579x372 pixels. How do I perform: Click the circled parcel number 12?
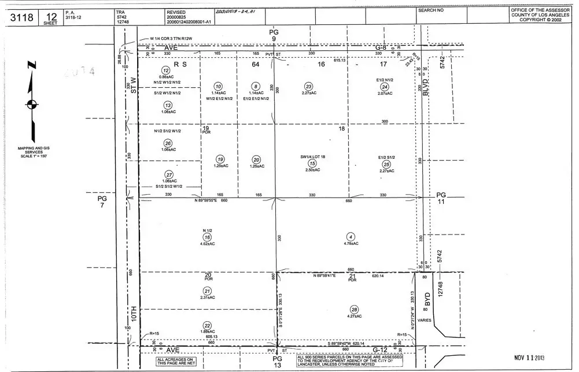coord(165,70)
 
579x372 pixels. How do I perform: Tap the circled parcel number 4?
coord(350,236)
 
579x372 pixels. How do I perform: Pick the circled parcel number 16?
coord(207,236)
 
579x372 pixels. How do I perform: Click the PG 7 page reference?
coord(102,201)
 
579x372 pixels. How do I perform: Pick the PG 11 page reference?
coord(441,199)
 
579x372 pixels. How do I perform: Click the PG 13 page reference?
coord(276,362)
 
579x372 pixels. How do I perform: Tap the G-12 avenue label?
coord(379,349)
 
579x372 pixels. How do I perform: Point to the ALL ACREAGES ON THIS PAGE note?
coord(177,362)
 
